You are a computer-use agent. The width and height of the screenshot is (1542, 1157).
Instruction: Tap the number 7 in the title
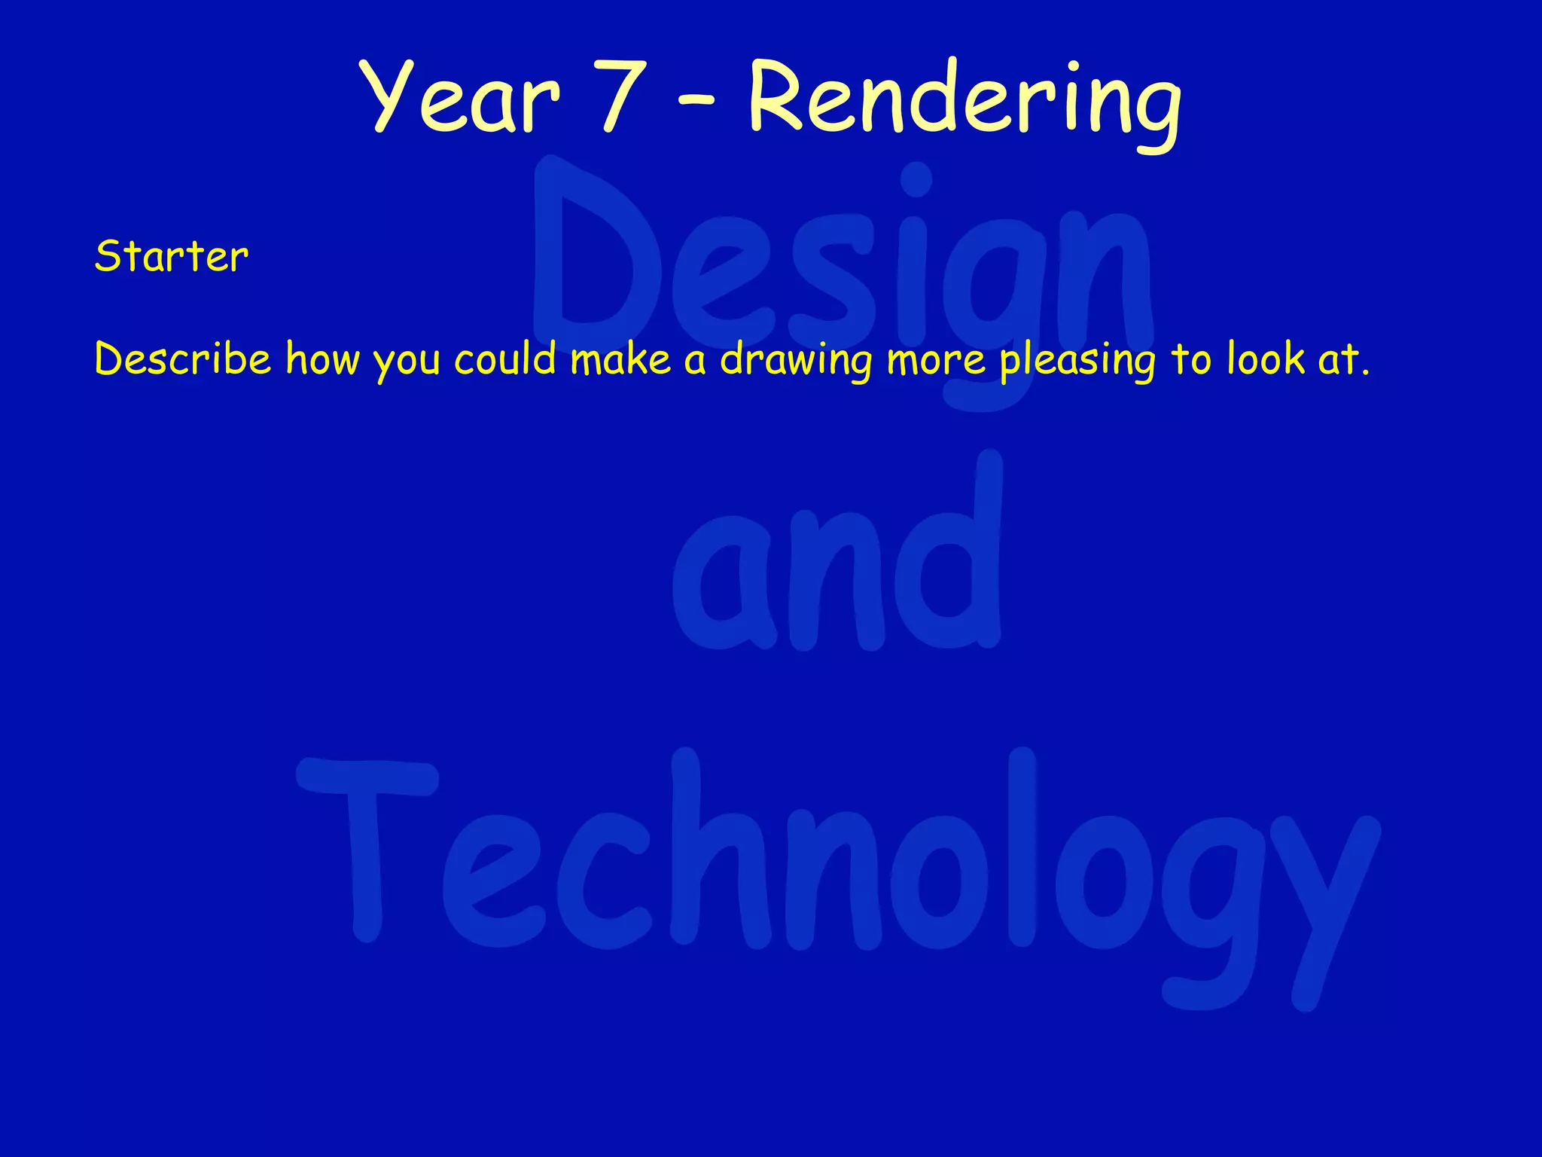point(624,98)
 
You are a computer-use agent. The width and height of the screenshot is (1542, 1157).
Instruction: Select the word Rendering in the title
point(965,102)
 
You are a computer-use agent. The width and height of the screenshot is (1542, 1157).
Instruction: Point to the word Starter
point(171,257)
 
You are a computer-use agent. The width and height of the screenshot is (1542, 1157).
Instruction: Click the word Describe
point(182,359)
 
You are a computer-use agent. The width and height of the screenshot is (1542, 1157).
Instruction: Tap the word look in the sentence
point(1266,359)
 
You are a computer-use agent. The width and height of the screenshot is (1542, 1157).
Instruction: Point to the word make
point(620,359)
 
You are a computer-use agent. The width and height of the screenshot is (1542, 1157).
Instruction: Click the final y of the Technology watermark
point(1329,904)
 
